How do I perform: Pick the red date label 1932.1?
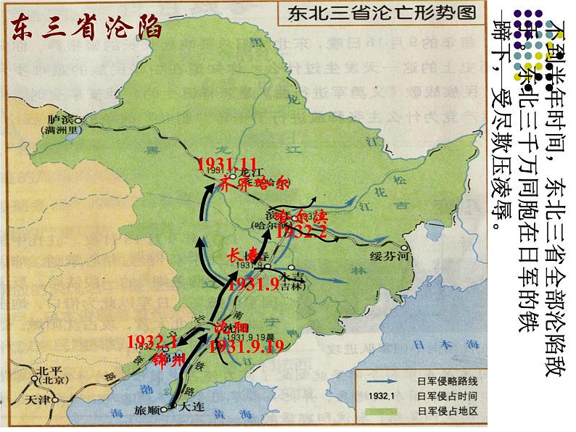[152, 341]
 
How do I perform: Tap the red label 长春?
[243, 255]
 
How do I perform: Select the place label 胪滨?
[69, 119]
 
